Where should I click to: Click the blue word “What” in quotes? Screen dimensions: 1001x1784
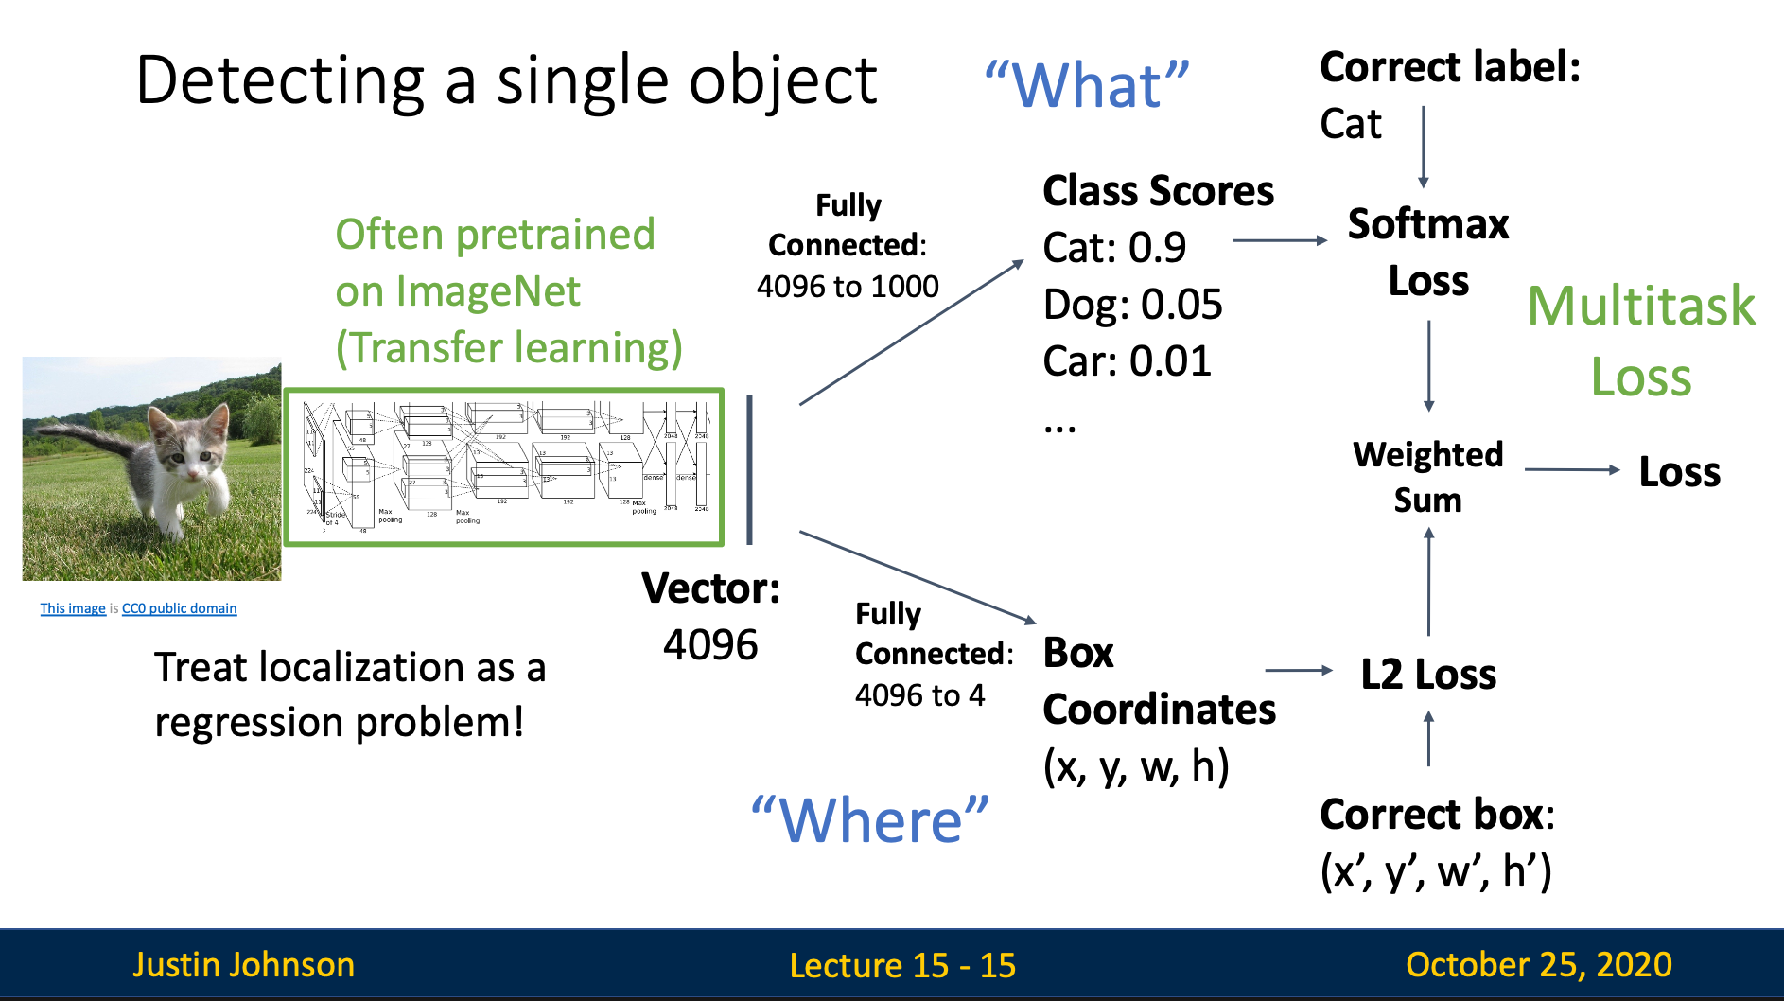[x=1087, y=86]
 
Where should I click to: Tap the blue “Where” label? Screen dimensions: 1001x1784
[x=869, y=819]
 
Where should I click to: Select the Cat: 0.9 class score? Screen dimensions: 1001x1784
[x=1113, y=248]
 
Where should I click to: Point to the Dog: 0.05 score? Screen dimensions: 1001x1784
[x=1132, y=305]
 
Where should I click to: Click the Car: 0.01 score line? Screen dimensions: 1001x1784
[x=1127, y=361]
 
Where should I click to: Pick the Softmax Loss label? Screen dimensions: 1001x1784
[x=1428, y=252]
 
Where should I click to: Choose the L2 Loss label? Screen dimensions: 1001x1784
[x=1428, y=675]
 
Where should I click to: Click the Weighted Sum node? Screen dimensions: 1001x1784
[x=1427, y=476]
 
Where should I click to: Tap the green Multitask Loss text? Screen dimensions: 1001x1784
[x=1641, y=341]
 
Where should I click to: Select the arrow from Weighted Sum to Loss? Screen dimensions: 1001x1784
[x=1571, y=469]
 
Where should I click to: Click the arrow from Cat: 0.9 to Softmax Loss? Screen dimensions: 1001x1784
[x=1280, y=240]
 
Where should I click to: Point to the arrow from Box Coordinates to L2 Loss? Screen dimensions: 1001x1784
[x=1298, y=670]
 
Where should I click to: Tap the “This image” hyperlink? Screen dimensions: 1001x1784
[x=73, y=608]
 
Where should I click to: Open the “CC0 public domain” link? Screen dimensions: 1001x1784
[x=179, y=608]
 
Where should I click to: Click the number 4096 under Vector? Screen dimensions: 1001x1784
[x=710, y=645]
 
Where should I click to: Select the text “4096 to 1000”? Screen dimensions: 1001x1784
[x=848, y=287]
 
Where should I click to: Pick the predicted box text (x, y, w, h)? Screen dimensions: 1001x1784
[x=1136, y=766]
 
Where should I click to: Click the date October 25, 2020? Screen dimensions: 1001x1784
[x=1538, y=964]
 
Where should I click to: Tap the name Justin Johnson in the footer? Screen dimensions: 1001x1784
[x=243, y=964]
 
